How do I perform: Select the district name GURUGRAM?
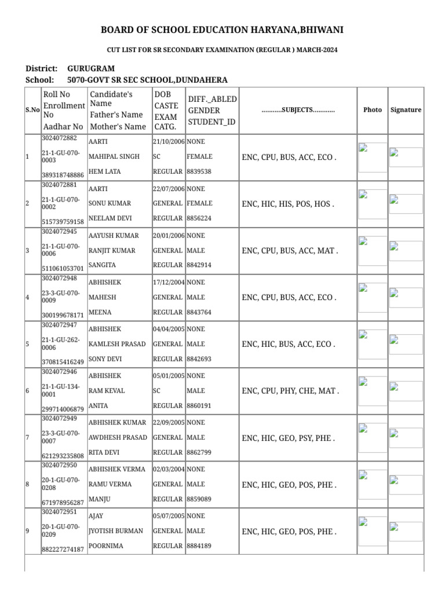91,68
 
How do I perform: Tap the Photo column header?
373,109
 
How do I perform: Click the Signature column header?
406,109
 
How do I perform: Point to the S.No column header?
32,109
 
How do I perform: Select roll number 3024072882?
59,138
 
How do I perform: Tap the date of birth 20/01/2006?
169,236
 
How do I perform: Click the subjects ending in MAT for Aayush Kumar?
290,251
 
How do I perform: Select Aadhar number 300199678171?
63,315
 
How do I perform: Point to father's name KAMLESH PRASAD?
117,344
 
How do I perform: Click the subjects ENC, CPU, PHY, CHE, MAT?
290,391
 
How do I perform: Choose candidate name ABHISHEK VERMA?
116,469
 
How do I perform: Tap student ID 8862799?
199,452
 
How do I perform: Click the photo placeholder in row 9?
372,530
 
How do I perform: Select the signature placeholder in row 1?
405,156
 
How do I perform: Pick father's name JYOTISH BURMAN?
115,531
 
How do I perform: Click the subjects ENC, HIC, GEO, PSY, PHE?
289,438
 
